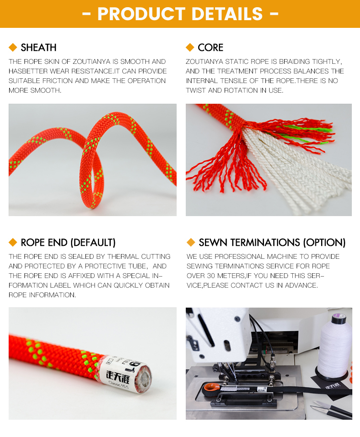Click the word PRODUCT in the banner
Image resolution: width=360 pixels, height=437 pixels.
141,13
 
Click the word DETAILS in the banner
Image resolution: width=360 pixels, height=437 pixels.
228,13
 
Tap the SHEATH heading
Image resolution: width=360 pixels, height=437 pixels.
38,48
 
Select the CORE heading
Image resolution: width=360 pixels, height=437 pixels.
210,48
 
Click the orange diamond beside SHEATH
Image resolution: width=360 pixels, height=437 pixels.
13,48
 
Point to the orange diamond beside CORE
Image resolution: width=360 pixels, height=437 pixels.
190,48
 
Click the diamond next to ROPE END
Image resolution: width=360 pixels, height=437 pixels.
13,243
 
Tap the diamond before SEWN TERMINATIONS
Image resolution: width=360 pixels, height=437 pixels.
191,243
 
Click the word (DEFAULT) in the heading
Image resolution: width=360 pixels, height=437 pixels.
93,243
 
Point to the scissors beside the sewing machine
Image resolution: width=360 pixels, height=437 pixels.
332,410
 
